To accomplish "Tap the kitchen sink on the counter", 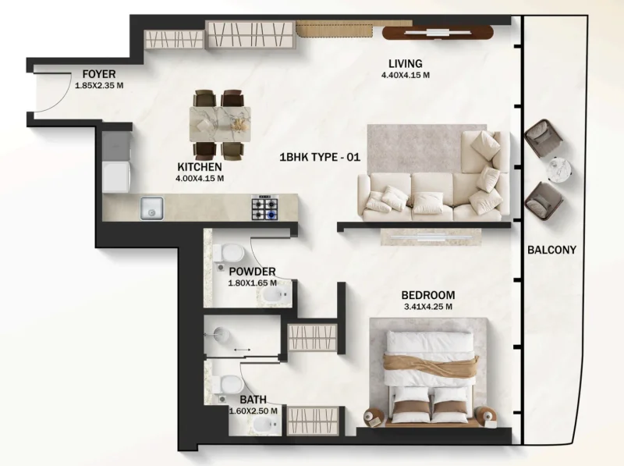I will [151, 208].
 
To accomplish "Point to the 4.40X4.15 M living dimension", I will [406, 76].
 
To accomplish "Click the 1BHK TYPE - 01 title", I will [320, 157].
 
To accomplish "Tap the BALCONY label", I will [551, 250].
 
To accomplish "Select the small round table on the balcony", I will [562, 169].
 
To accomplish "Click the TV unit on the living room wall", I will [438, 33].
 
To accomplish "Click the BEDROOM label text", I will [428, 295].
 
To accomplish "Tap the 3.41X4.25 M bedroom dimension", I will [427, 307].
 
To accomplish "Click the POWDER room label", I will [252, 272].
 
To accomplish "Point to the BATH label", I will [253, 400].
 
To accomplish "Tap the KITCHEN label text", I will [200, 167].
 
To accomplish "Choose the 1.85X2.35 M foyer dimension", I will [99, 85].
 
